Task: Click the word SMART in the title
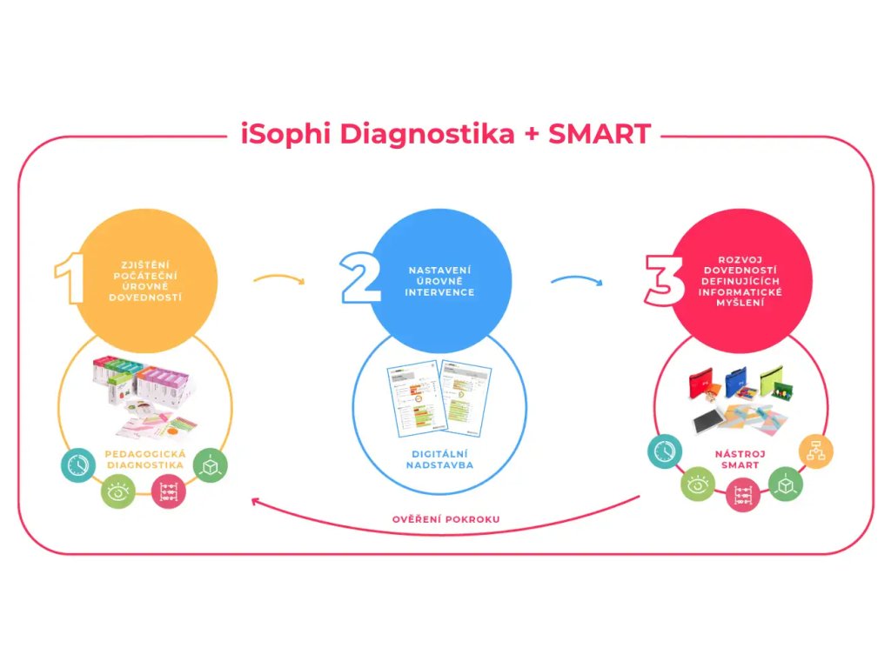click(600, 135)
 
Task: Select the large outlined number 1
click(70, 280)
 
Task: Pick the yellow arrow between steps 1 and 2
click(278, 280)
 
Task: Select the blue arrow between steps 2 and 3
click(576, 280)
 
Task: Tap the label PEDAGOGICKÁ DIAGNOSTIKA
click(144, 459)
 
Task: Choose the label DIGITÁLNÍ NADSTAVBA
click(439, 459)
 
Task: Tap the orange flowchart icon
click(817, 451)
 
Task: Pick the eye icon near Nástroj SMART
click(698, 485)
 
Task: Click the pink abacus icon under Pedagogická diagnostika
click(169, 492)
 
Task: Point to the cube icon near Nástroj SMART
click(785, 484)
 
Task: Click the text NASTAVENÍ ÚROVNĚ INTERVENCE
click(442, 281)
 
